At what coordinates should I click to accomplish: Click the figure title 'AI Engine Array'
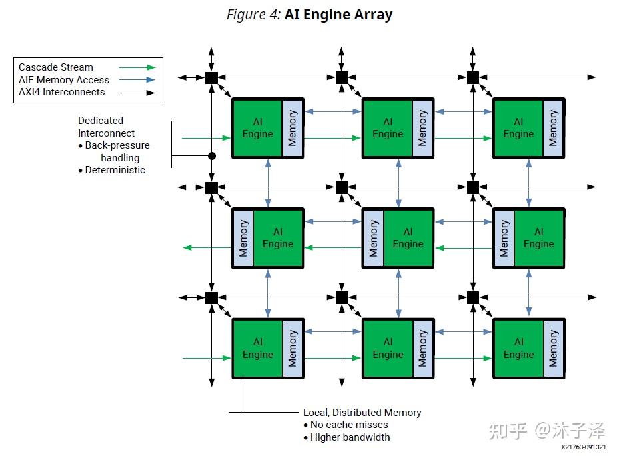pyautogui.click(x=338, y=15)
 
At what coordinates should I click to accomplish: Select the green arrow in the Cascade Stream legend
pyautogui.click(x=137, y=67)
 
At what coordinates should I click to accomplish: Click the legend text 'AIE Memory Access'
pyautogui.click(x=64, y=79)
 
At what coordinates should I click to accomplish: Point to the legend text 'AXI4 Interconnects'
pyautogui.click(x=61, y=92)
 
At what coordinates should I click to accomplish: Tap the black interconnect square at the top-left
pyautogui.click(x=211, y=77)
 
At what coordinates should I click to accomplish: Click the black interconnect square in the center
pyautogui.click(x=342, y=187)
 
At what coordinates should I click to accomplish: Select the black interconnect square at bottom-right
pyautogui.click(x=473, y=297)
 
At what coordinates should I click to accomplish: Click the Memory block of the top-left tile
pyautogui.click(x=293, y=128)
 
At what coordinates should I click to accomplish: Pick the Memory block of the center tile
pyautogui.click(x=373, y=238)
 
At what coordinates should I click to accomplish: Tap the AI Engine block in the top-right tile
pyautogui.click(x=518, y=128)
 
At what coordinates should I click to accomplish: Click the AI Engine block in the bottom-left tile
pyautogui.click(x=257, y=348)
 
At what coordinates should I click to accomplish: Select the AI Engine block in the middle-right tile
pyautogui.click(x=538, y=238)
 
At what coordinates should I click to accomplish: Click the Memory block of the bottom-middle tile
pyautogui.click(x=423, y=348)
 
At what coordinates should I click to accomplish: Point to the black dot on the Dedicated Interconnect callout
pyautogui.click(x=212, y=156)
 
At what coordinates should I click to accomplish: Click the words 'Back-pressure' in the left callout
pyautogui.click(x=117, y=145)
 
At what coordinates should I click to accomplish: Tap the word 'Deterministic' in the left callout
pyautogui.click(x=115, y=170)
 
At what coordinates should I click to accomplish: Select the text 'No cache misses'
pyautogui.click(x=349, y=425)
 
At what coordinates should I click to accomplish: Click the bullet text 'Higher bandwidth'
pyautogui.click(x=350, y=437)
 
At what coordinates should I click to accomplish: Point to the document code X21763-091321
pyautogui.click(x=583, y=447)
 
